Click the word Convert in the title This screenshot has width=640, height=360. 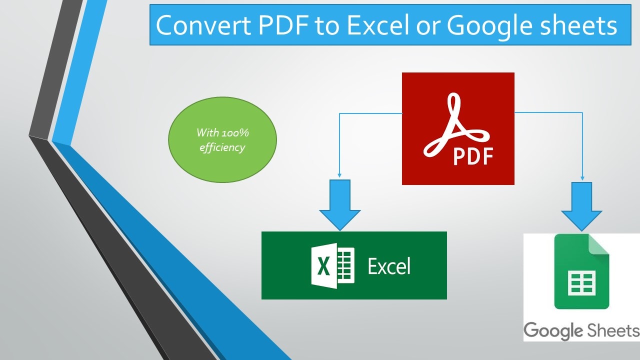203,25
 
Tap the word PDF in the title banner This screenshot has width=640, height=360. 283,25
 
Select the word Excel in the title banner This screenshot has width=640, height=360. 378,25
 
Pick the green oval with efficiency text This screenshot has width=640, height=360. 222,139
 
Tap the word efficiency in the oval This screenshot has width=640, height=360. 222,147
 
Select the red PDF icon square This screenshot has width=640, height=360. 458,128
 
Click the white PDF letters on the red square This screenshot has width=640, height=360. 473,156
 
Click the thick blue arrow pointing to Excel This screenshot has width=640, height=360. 340,205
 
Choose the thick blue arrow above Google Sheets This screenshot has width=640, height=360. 581,206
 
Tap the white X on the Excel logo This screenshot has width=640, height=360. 323,266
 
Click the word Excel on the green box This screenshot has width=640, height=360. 389,266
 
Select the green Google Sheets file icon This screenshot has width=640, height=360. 581,271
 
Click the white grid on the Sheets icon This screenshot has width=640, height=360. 581,283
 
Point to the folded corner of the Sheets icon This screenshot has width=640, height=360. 599,244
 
